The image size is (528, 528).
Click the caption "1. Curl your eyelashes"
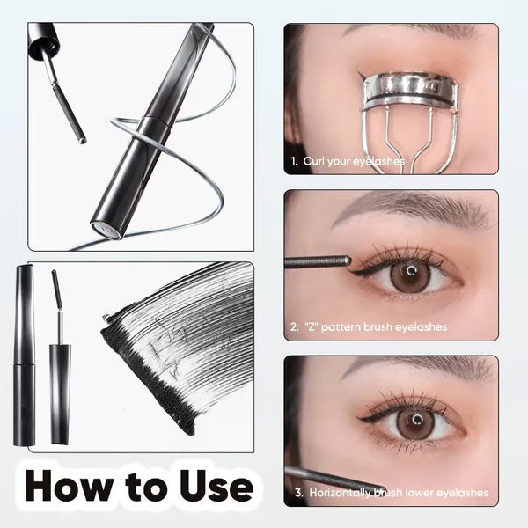[348, 162]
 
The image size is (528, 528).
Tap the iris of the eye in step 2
[410, 275]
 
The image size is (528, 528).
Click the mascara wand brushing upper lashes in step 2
[317, 260]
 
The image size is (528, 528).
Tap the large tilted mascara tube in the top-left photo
[145, 132]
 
